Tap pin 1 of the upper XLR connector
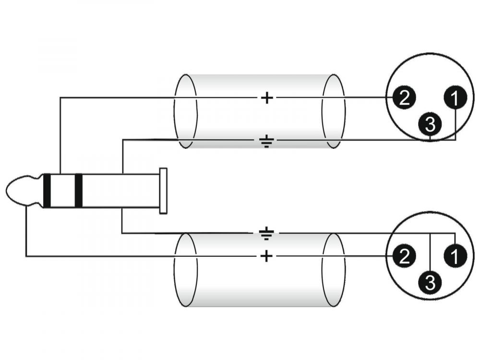(x=455, y=98)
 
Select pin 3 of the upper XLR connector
(x=431, y=125)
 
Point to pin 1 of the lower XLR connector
(x=455, y=257)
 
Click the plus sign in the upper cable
(x=266, y=98)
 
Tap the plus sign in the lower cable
(x=266, y=257)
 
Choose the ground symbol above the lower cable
(x=267, y=234)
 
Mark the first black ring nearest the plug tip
(x=47, y=191)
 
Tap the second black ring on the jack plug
(x=78, y=191)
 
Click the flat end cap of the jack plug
(x=163, y=191)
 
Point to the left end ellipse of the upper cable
(x=185, y=111)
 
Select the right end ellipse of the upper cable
(x=333, y=111)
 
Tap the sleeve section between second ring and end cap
(x=120, y=191)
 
